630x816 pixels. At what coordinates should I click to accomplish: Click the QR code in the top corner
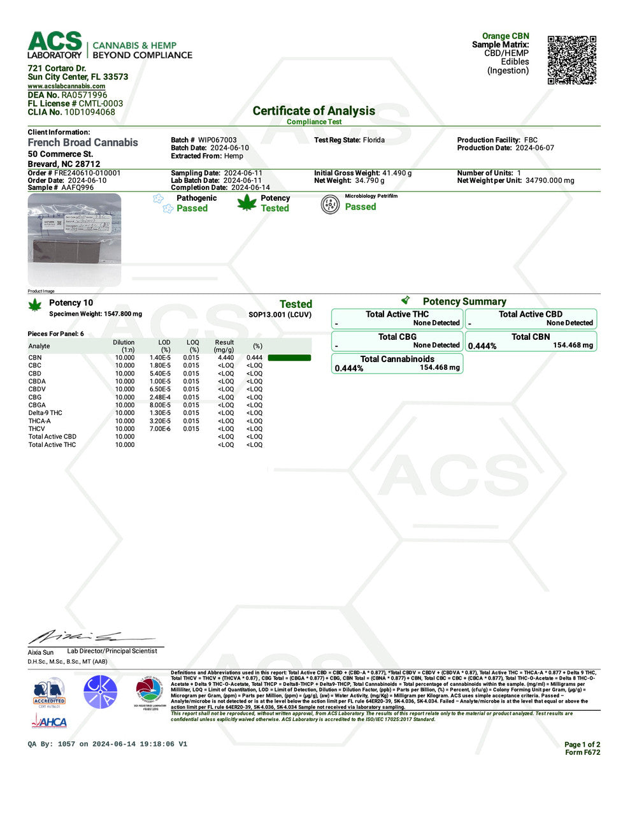pos(571,60)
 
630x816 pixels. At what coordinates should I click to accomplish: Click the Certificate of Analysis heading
pos(313,111)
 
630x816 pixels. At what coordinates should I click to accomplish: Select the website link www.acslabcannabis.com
pos(66,86)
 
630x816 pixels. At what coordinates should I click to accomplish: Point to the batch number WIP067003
pos(217,140)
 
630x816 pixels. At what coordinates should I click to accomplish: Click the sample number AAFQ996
pos(77,188)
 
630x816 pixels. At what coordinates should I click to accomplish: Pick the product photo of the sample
pos(74,240)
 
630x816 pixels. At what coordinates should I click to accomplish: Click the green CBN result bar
pos(289,358)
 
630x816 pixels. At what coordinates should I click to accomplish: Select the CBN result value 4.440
pos(226,358)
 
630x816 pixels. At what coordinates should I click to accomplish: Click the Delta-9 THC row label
pos(45,413)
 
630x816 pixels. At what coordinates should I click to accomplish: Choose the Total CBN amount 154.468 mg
pos(573,346)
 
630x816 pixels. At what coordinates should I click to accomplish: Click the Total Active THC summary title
pos(397,314)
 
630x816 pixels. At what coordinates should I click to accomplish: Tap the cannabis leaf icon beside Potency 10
pos(35,305)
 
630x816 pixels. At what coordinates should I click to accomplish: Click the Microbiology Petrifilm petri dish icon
pos(330,204)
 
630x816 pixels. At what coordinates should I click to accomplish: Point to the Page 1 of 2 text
pos(582,745)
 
